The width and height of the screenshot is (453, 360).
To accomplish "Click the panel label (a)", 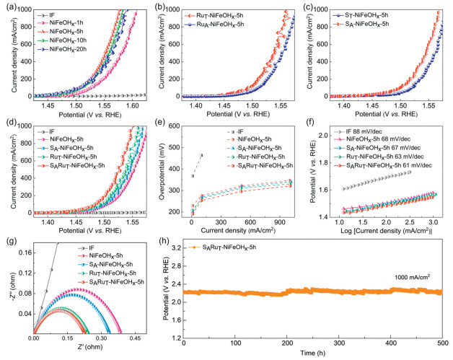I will (9, 6).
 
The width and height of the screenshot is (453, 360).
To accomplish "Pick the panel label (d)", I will (9, 123).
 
